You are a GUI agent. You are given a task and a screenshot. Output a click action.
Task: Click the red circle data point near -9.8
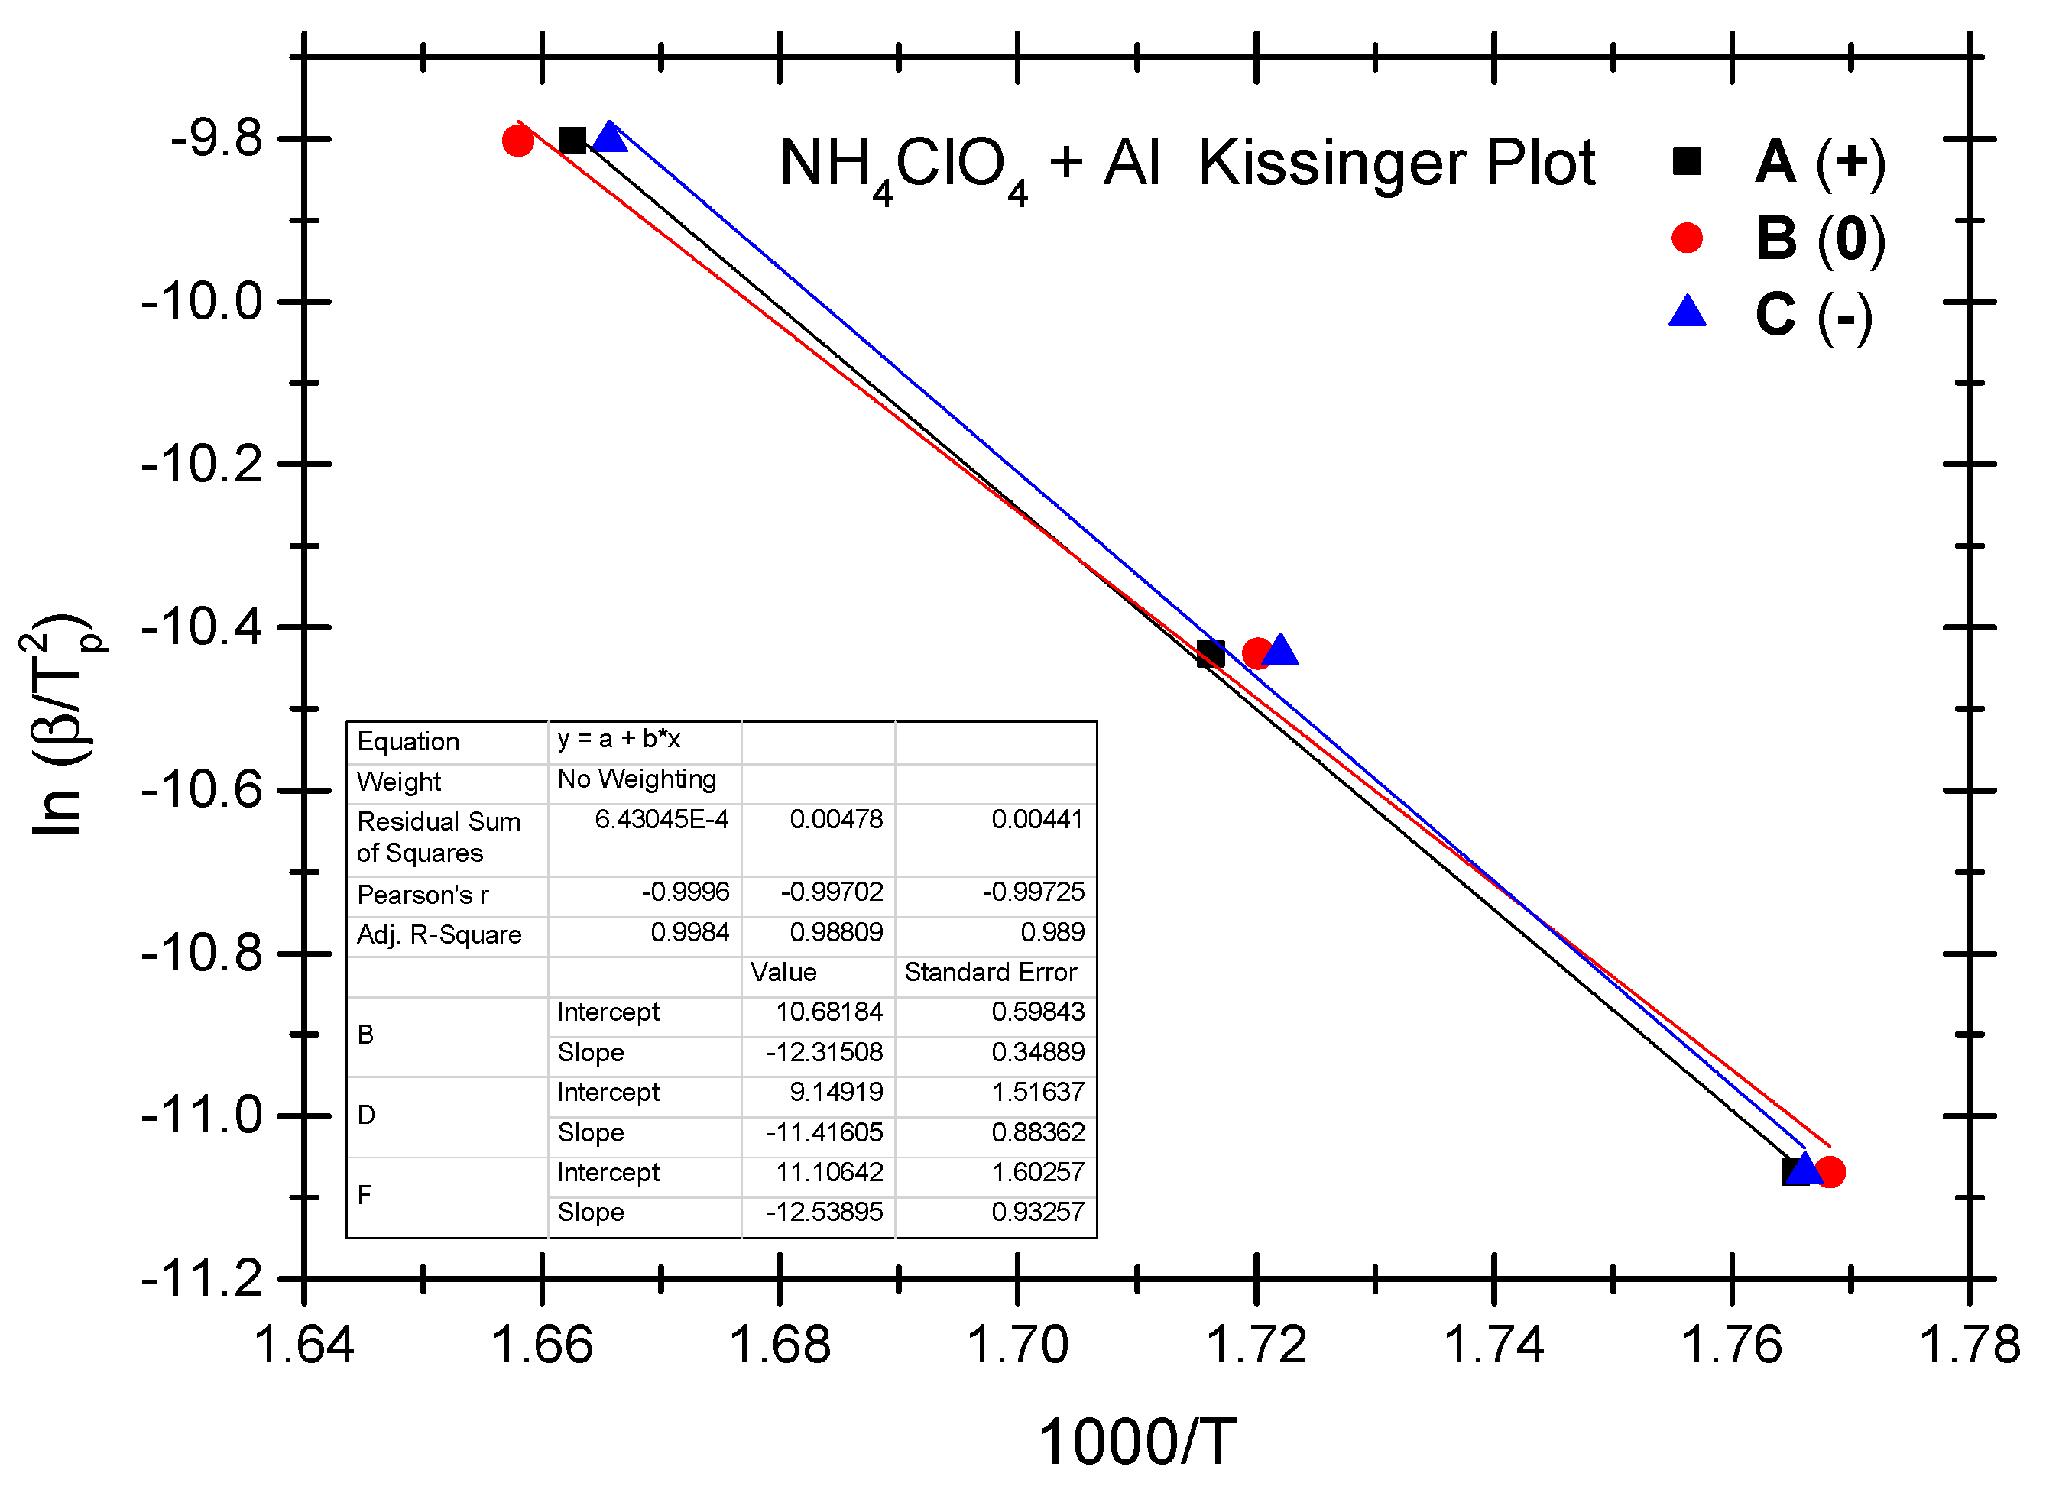(518, 141)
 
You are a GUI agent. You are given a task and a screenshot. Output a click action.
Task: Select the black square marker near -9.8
(572, 141)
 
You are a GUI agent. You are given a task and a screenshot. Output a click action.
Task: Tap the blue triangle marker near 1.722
(1279, 651)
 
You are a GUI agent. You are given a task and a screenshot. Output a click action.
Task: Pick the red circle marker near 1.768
(1830, 1172)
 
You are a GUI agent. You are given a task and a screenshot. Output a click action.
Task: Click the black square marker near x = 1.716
(1210, 654)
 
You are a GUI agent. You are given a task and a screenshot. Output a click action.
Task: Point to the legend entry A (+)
(1819, 162)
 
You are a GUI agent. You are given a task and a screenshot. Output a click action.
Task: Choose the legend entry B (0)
(1819, 239)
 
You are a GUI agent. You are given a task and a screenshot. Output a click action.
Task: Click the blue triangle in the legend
(1687, 312)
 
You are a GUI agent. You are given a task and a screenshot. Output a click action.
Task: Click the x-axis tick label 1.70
(1017, 1345)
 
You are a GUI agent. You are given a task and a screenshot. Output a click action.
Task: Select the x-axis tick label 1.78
(1969, 1345)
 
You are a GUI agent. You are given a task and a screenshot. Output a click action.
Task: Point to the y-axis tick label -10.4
(202, 627)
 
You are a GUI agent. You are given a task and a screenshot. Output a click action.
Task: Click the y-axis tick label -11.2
(202, 1279)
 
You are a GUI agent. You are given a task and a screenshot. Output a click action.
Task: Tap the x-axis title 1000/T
(1136, 1442)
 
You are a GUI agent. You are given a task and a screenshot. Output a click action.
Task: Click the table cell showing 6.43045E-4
(660, 820)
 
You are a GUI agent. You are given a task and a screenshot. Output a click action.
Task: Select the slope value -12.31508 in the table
(823, 1052)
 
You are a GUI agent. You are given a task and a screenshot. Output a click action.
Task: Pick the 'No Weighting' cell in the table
(637, 779)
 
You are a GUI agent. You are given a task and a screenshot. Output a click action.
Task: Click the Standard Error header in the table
(990, 973)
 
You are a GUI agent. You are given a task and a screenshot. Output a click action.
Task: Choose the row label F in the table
(365, 1196)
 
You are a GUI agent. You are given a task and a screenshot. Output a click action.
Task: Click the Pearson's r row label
(423, 895)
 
